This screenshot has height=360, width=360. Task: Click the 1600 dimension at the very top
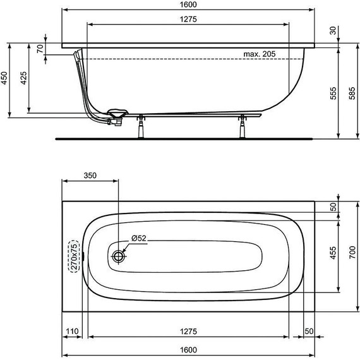(x=188, y=5)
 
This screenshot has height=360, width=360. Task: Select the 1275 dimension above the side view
(x=188, y=20)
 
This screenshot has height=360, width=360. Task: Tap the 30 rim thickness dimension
(x=333, y=30)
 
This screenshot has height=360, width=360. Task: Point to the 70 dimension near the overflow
(x=40, y=49)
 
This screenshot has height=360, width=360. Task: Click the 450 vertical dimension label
(x=5, y=78)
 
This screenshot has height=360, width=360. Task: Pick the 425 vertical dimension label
(x=23, y=78)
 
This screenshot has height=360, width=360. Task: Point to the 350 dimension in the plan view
(x=89, y=177)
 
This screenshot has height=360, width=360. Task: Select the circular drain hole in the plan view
(x=119, y=256)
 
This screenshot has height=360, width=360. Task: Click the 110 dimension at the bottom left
(x=74, y=331)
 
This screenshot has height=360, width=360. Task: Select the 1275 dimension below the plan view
(x=188, y=331)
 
